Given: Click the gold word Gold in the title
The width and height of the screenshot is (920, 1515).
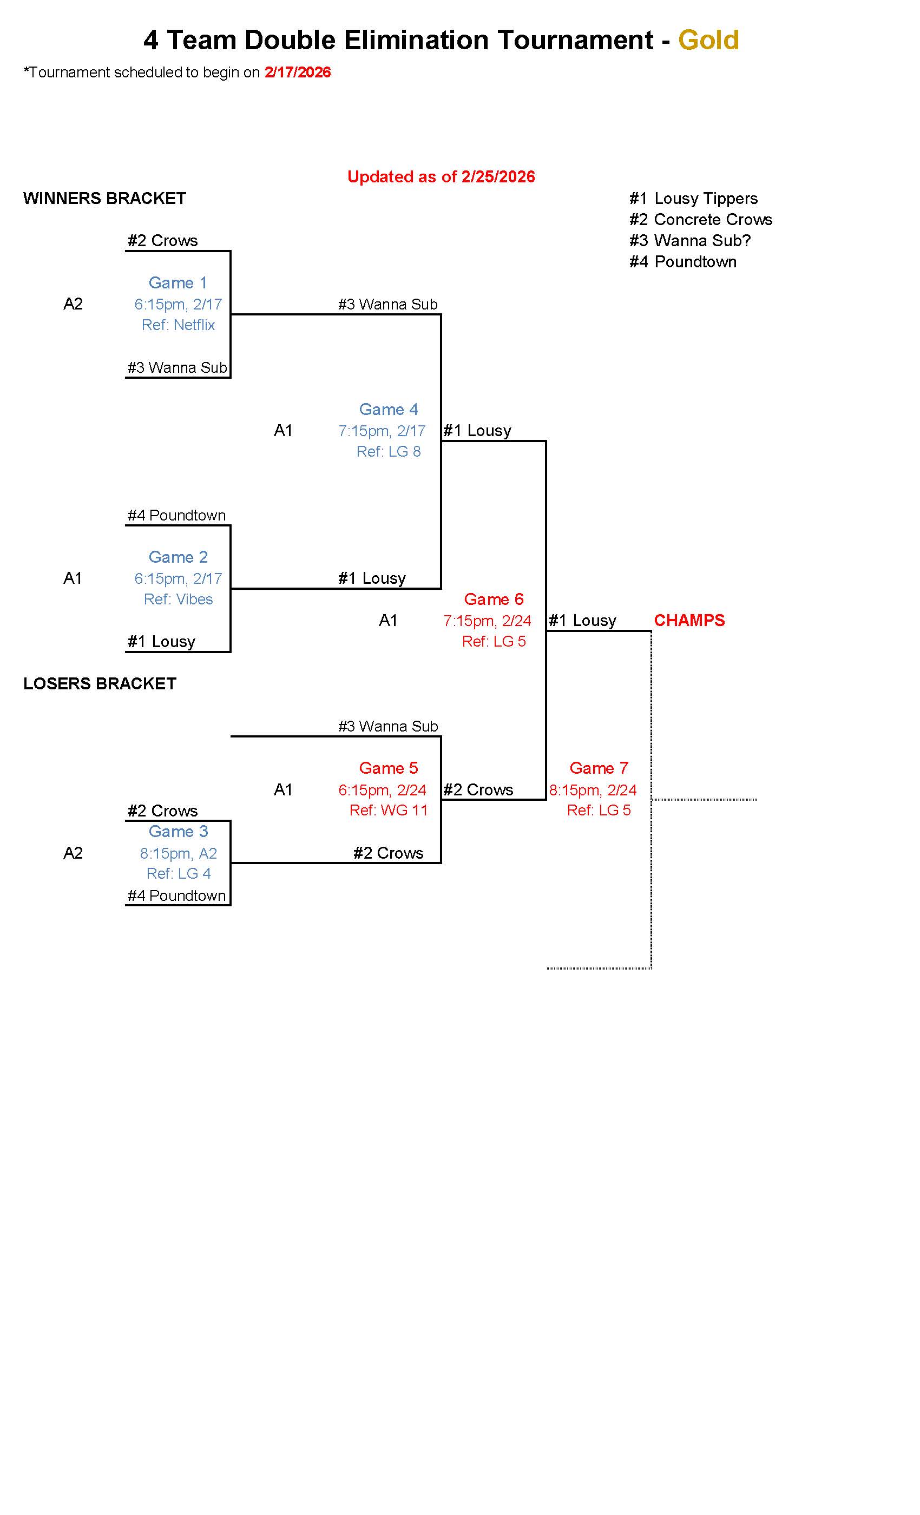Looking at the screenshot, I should pos(708,41).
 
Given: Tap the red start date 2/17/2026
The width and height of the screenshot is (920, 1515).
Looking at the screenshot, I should pos(298,73).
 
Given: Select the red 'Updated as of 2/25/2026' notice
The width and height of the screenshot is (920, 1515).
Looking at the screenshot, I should pos(441,177).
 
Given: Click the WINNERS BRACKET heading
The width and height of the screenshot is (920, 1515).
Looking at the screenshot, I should pos(104,199).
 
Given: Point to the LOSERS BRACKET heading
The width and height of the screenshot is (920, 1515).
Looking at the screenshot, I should pos(100,684).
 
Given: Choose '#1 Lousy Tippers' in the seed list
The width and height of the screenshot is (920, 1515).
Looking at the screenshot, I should pos(693,199).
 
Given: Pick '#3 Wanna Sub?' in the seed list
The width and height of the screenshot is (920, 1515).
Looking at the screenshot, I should pos(690,240).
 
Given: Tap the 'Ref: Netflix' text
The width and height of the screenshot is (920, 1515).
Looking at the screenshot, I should pos(179,325).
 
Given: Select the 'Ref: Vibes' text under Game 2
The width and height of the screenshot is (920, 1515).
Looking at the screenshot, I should pos(179,600).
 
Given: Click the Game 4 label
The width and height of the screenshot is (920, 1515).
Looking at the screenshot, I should pos(388,410).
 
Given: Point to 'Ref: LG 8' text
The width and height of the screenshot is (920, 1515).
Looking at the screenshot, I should pos(389,452).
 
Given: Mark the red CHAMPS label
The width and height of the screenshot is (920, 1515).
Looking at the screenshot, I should pos(689,621).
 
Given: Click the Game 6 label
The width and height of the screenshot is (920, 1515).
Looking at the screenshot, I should pos(494,600).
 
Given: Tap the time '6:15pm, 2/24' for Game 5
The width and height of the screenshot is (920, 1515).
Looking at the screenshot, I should pos(382,790).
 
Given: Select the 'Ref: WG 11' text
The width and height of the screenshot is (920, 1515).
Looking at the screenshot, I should pos(389,811).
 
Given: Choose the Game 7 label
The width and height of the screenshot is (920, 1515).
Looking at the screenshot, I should pos(599,768).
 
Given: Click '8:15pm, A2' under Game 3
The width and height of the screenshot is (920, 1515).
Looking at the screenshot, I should pos(179,853).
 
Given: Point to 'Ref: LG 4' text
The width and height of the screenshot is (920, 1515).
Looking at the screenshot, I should pos(179,874).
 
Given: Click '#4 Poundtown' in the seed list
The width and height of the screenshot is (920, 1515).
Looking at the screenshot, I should pos(682,262).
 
